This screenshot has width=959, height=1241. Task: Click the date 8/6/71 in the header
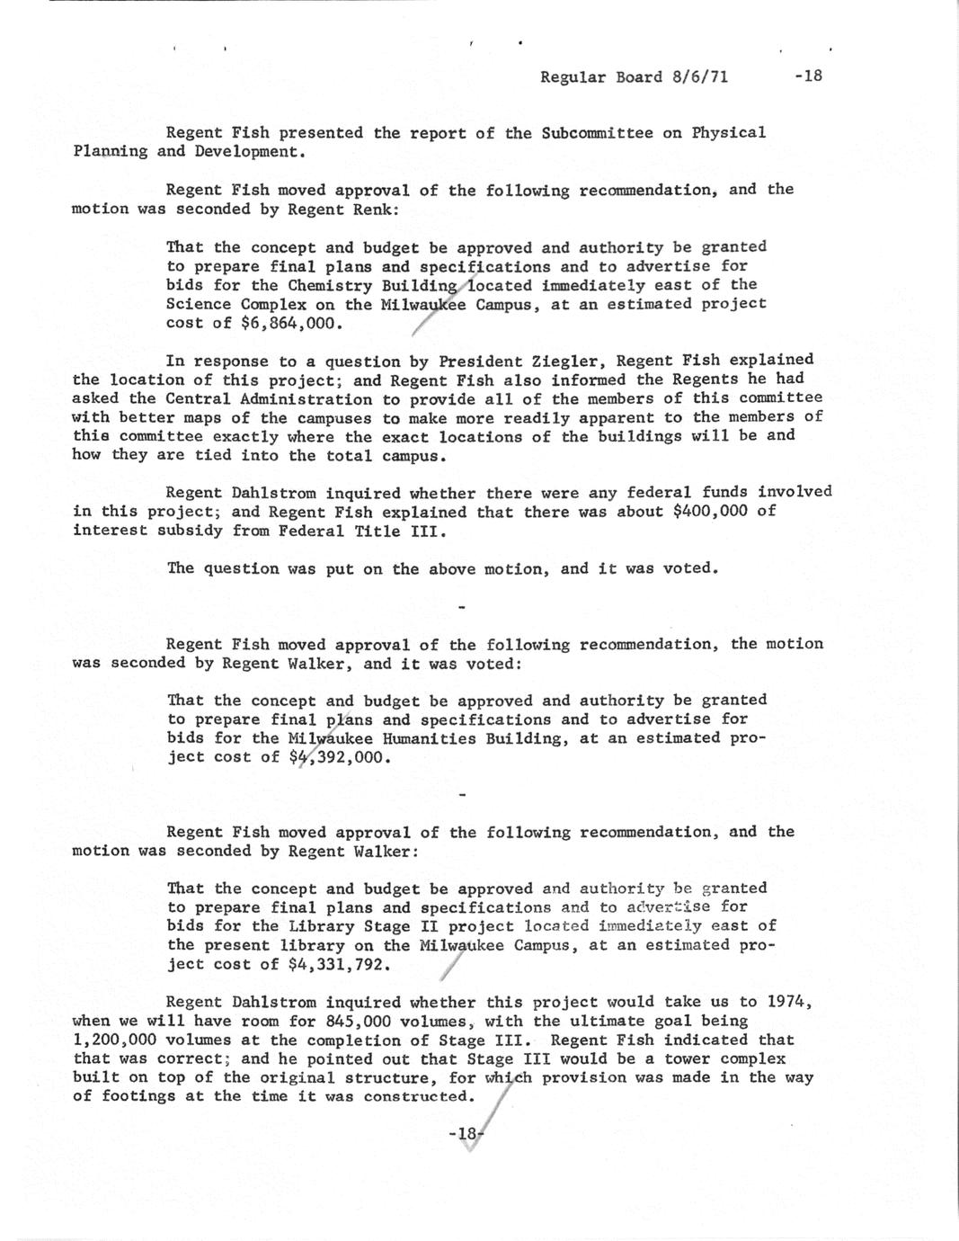point(699,76)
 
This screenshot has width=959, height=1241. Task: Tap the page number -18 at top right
point(808,76)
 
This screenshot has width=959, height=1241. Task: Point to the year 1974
point(789,1002)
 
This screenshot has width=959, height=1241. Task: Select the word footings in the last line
point(139,1097)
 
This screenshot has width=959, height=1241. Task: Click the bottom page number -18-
point(466,1134)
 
